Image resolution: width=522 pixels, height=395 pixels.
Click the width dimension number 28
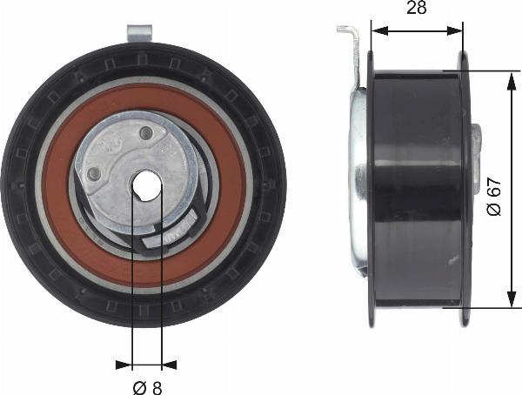(x=416, y=9)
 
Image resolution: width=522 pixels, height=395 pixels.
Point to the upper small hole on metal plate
(x=146, y=133)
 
